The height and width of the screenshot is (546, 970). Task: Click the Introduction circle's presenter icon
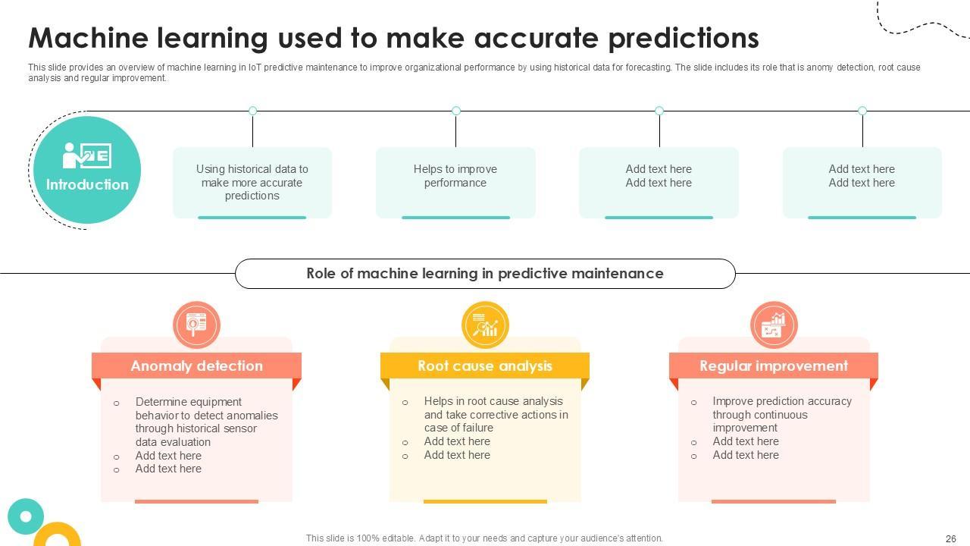click(86, 156)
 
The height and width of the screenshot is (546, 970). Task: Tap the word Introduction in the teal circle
click(87, 184)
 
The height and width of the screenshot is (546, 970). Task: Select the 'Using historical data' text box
click(252, 182)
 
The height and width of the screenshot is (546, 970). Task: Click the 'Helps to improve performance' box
click(455, 176)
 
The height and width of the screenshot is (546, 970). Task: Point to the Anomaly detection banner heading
click(196, 366)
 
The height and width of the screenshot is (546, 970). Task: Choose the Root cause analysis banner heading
click(485, 366)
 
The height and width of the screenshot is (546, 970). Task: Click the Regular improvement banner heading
click(774, 366)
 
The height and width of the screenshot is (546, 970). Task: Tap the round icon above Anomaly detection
click(196, 325)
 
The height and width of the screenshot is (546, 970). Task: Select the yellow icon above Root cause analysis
click(485, 325)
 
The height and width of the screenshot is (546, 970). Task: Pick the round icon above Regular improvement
click(774, 325)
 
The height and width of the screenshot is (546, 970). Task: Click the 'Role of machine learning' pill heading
click(485, 274)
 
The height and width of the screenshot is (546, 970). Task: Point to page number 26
click(951, 539)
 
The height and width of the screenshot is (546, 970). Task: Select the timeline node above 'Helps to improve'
click(456, 111)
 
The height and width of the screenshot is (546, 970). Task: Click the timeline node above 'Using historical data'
click(252, 111)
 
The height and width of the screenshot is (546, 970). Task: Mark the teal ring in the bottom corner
click(26, 516)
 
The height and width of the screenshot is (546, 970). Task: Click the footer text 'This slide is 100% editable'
click(484, 538)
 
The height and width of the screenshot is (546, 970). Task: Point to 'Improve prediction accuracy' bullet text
click(781, 414)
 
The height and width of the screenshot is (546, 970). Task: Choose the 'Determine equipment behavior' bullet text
click(206, 422)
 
